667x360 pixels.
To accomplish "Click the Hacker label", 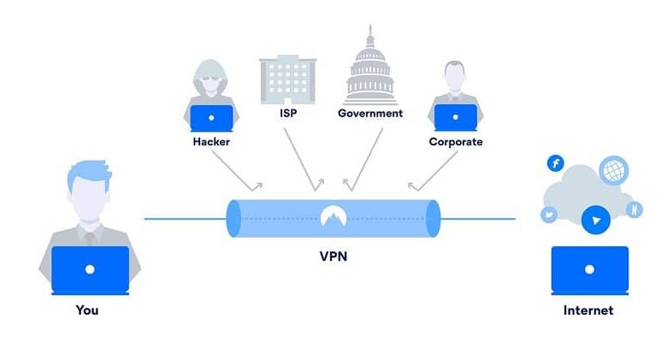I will coord(211,141).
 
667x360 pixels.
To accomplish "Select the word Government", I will coord(370,112).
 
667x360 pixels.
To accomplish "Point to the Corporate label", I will coord(456,141).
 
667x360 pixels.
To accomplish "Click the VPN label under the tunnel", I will coord(333,256).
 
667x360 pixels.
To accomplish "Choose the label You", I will coord(87,310).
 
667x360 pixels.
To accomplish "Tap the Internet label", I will coord(588,310).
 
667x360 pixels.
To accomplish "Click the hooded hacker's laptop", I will coord(211,116).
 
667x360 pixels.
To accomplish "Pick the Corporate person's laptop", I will coord(456,116).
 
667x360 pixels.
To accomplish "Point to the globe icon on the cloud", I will coord(613,170).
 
